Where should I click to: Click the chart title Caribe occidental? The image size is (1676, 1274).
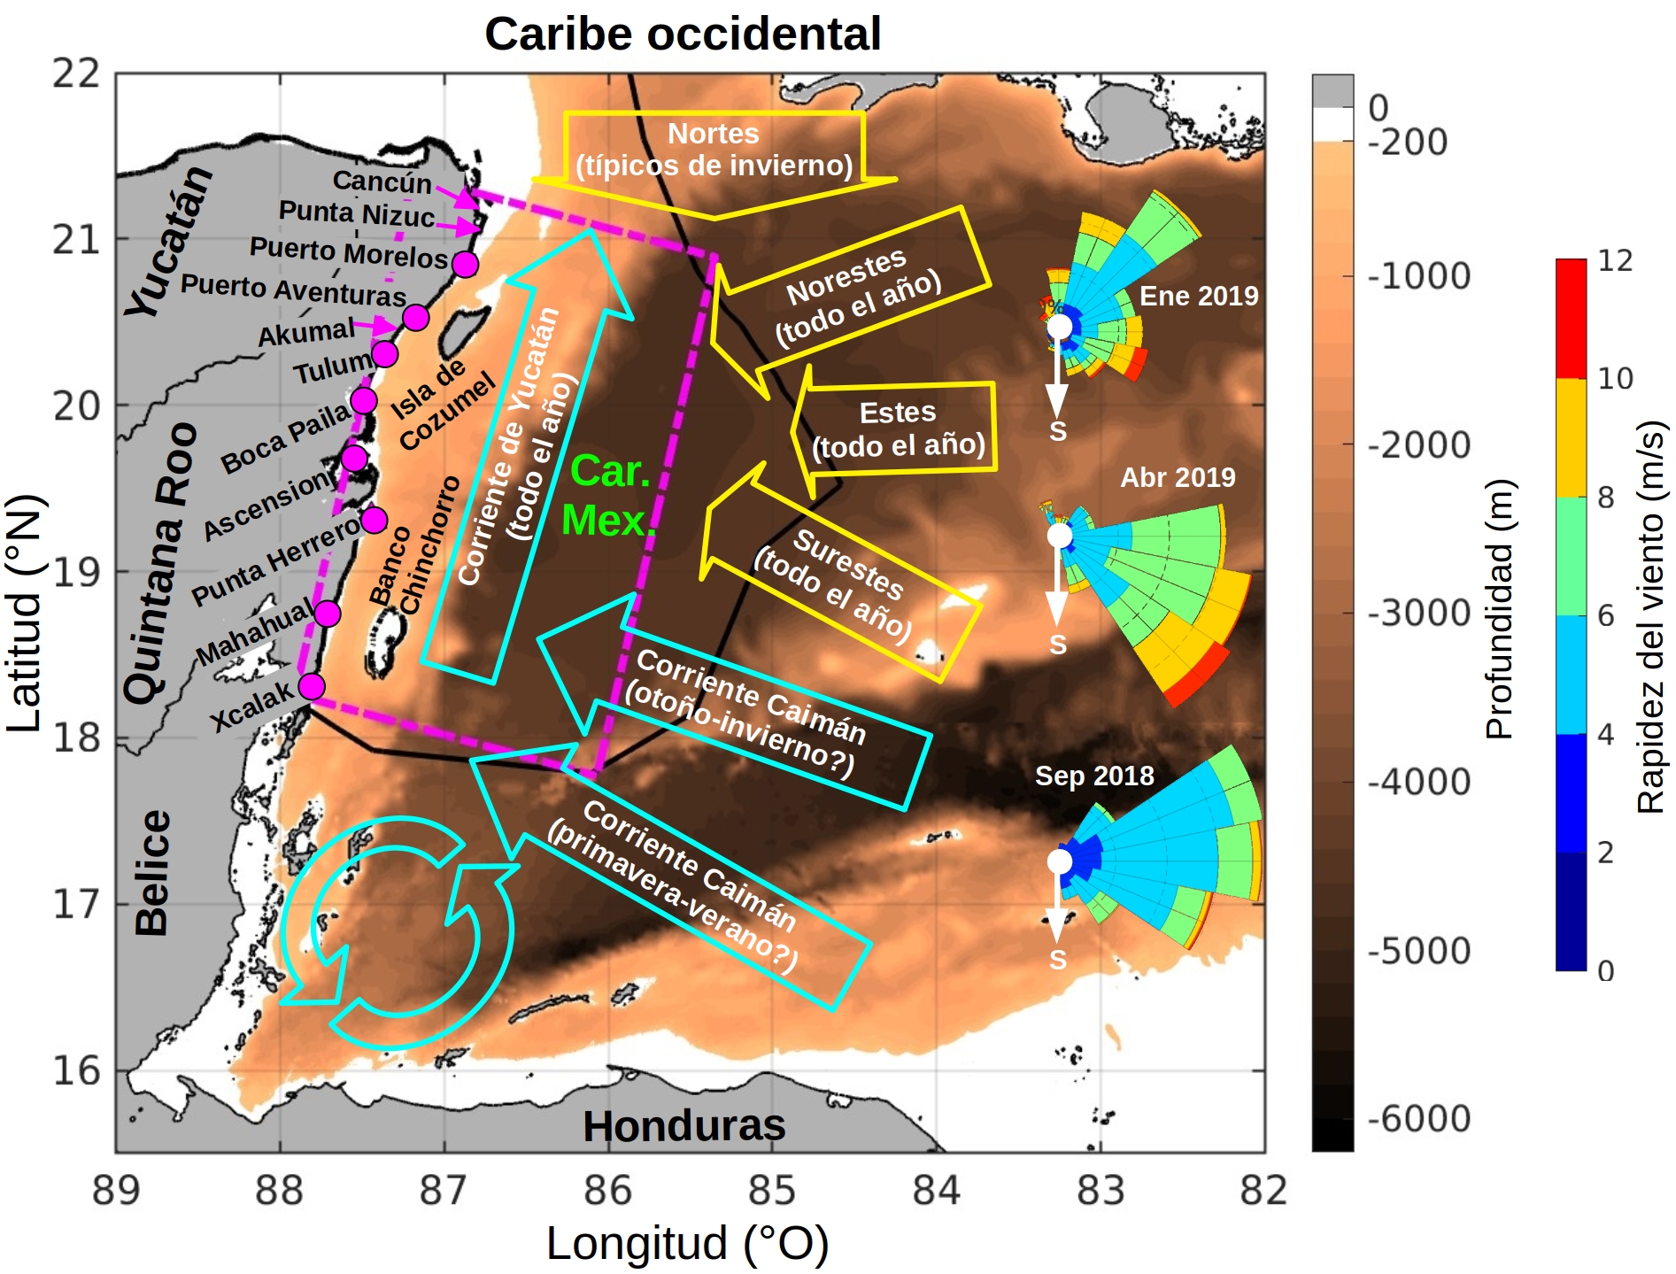[682, 35]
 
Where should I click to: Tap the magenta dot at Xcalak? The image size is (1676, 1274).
[312, 685]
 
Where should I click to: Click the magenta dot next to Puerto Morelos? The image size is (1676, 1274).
[465, 264]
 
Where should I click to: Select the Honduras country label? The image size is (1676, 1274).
[684, 1126]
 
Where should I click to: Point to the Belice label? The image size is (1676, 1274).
[152, 872]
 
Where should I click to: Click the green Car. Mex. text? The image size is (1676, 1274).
[607, 496]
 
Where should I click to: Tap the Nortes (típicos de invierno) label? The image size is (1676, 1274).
[714, 150]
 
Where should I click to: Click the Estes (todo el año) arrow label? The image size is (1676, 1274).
[898, 429]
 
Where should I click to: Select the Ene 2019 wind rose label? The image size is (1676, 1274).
[1198, 296]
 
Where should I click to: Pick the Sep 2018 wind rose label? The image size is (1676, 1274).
[1094, 776]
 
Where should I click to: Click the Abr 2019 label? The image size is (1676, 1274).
[1178, 477]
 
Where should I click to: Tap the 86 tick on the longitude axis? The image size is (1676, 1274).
[607, 1191]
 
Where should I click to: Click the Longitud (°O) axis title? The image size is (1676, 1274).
[687, 1243]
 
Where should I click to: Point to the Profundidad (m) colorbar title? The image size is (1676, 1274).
[1500, 609]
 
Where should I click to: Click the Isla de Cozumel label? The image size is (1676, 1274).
[441, 404]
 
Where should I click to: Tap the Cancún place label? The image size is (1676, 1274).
[382, 181]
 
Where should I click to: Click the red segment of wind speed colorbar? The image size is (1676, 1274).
[1571, 319]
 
